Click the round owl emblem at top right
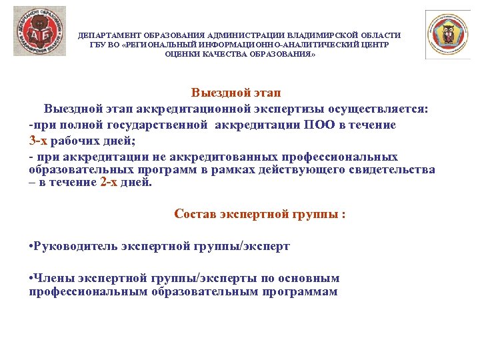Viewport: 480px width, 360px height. coord(448,35)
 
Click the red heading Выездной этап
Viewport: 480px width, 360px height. coord(240,93)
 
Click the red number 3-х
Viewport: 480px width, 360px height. coord(39,141)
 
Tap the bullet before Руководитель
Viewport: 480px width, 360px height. coord(32,247)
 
